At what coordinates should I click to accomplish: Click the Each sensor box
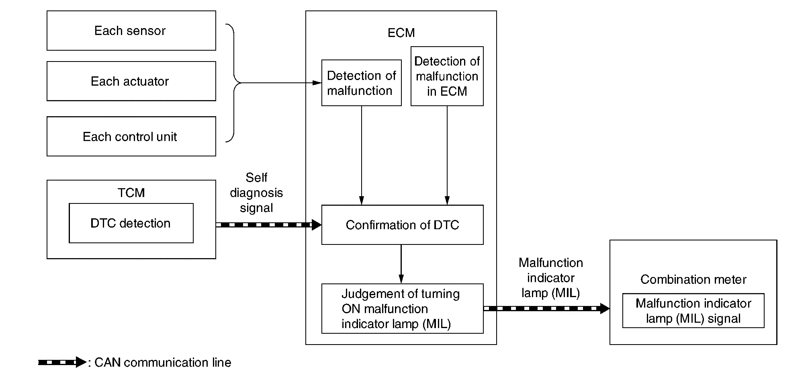(x=131, y=31)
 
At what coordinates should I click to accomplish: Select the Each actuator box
(x=131, y=81)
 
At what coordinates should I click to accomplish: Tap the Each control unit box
(x=131, y=136)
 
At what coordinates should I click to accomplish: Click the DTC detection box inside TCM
(x=131, y=223)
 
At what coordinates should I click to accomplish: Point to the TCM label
(x=131, y=193)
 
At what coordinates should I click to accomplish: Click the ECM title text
(x=401, y=33)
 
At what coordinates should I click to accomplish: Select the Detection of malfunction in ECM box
(x=447, y=76)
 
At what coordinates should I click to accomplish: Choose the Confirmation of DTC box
(x=402, y=225)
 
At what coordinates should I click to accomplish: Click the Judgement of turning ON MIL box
(x=402, y=309)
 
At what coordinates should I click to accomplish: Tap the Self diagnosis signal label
(x=256, y=193)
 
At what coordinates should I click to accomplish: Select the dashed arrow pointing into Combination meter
(x=546, y=309)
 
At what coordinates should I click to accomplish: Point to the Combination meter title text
(x=693, y=279)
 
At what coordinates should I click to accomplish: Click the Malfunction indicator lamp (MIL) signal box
(x=693, y=311)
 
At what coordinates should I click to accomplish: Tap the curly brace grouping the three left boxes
(x=233, y=83)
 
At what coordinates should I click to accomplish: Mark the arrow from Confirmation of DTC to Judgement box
(x=401, y=264)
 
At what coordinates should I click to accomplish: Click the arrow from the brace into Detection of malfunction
(x=281, y=83)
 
